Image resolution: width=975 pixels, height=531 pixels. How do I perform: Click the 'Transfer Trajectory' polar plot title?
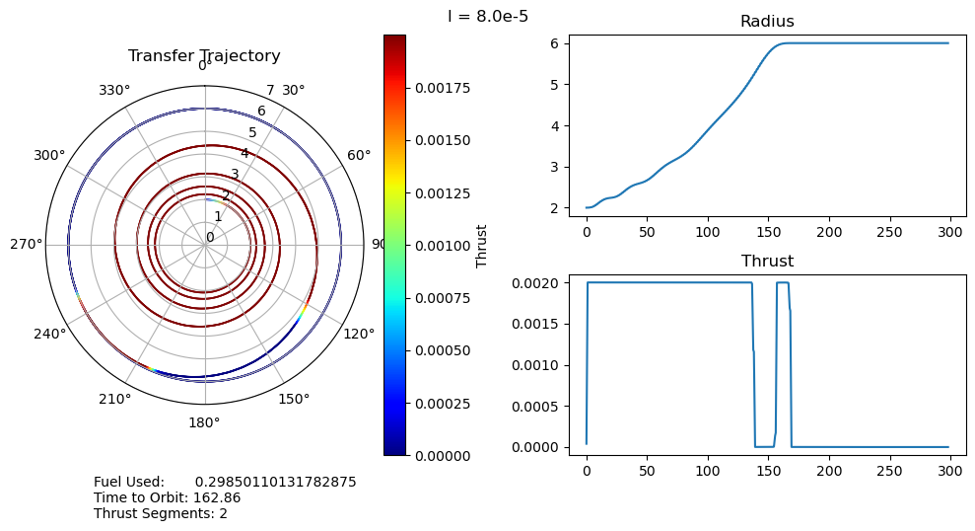(x=204, y=56)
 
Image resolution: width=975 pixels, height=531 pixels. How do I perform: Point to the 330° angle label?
(x=114, y=91)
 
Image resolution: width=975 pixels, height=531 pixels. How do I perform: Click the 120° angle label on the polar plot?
(x=358, y=334)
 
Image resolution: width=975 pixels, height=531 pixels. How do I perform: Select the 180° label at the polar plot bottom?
(x=204, y=422)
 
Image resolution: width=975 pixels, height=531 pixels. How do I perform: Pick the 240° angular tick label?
(x=50, y=334)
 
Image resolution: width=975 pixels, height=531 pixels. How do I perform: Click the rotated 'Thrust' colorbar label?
(x=482, y=245)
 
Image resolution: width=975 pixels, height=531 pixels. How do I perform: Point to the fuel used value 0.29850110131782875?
(x=275, y=482)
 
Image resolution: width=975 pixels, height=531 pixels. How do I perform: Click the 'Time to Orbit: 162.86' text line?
(x=168, y=497)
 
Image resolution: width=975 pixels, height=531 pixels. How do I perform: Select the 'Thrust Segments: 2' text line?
(x=161, y=513)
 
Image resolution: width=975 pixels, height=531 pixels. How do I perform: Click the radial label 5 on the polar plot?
(x=252, y=133)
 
